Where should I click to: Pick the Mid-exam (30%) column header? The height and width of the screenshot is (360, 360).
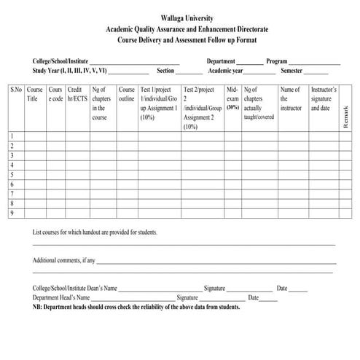tap(232, 98)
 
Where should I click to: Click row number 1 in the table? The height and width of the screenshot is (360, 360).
tap(11, 136)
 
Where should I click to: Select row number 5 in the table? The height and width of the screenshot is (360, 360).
tap(11, 175)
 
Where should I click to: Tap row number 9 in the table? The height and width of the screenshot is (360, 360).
tap(11, 213)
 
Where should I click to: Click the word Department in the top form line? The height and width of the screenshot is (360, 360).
tap(221, 62)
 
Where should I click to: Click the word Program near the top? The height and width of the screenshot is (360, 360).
tap(277, 62)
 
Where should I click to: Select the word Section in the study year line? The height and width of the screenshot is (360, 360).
tap(165, 71)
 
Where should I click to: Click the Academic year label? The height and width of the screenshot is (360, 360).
tap(227, 71)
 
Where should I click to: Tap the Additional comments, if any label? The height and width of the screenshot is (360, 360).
tap(64, 260)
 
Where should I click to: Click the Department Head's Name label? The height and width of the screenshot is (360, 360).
tap(61, 297)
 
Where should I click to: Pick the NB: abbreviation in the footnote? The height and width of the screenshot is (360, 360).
tap(38, 307)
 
